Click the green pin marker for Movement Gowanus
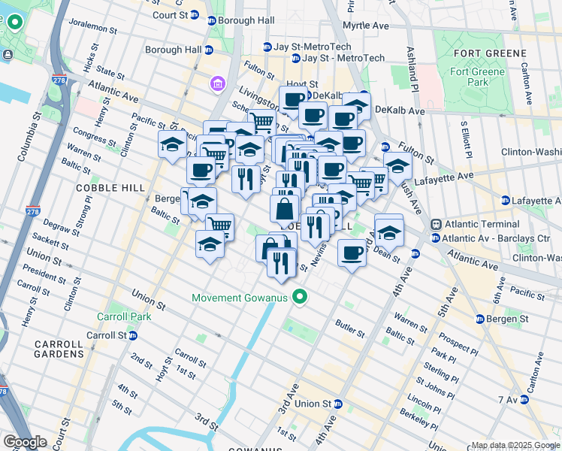[x=300, y=298]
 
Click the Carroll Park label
[x=124, y=316]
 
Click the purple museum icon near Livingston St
[x=217, y=82]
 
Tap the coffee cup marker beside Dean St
[x=351, y=253]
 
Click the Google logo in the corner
[x=25, y=442]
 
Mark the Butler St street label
[x=350, y=328]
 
